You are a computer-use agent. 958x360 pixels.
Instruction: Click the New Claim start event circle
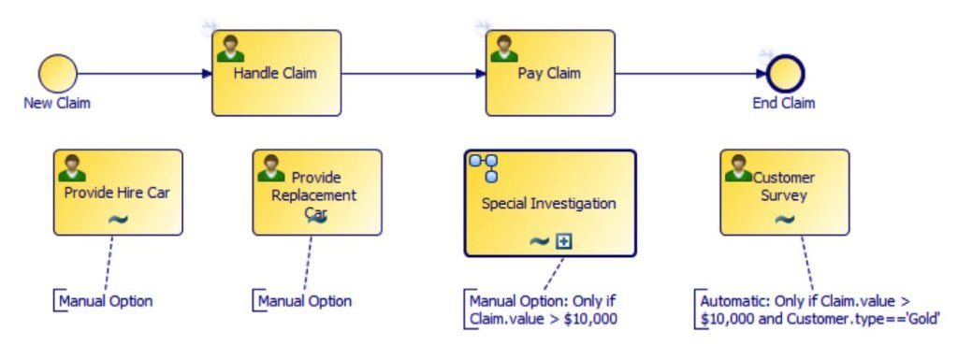[57, 73]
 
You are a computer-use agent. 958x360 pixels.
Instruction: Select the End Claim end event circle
[785, 74]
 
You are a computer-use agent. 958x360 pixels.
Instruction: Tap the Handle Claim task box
[276, 73]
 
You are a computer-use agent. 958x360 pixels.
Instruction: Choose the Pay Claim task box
[549, 73]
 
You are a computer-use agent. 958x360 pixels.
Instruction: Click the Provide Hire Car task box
[118, 193]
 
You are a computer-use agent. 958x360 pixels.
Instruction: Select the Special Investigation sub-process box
[549, 203]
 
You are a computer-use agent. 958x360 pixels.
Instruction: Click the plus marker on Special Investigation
[563, 240]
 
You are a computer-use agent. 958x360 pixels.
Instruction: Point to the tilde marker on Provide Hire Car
[118, 220]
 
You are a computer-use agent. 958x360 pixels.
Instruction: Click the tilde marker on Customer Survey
[784, 220]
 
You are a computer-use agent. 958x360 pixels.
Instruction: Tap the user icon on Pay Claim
[503, 49]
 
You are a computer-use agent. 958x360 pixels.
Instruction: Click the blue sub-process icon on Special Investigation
[485, 168]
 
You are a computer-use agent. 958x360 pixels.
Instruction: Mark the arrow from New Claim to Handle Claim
[140, 73]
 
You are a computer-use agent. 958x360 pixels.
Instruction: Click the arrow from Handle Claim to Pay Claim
[412, 73]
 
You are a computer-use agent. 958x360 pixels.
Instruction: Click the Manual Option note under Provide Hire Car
[105, 301]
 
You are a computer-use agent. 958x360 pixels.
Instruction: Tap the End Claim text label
[784, 103]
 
